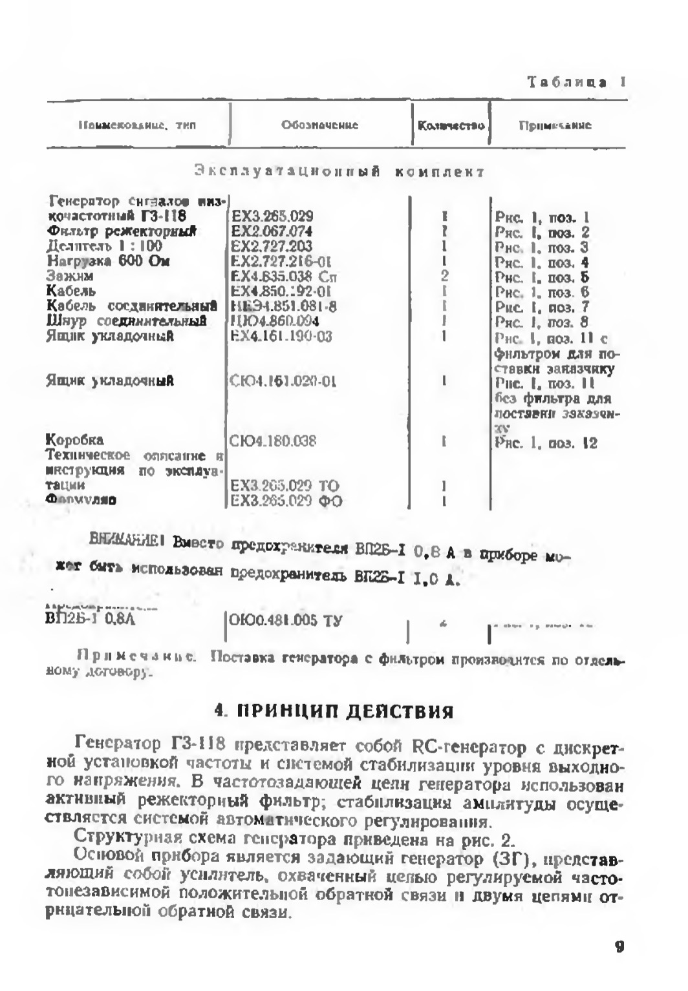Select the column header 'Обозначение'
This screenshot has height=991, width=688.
coord(319,125)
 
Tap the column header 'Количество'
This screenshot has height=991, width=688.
coord(451,125)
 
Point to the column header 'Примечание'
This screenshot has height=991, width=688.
coord(555,125)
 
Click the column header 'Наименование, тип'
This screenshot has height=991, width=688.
coord(136,125)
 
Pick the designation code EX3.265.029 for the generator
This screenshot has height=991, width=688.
coord(272,216)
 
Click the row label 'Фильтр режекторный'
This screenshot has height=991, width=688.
coord(122,231)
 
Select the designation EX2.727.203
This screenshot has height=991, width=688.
coord(272,246)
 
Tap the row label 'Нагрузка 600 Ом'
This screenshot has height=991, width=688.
coord(109,262)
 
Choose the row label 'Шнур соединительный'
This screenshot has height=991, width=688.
coord(127,321)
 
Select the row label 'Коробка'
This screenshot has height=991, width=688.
coord(75,441)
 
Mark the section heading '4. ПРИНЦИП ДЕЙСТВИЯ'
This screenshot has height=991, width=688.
coord(334,711)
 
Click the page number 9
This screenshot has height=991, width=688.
coord(619,947)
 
